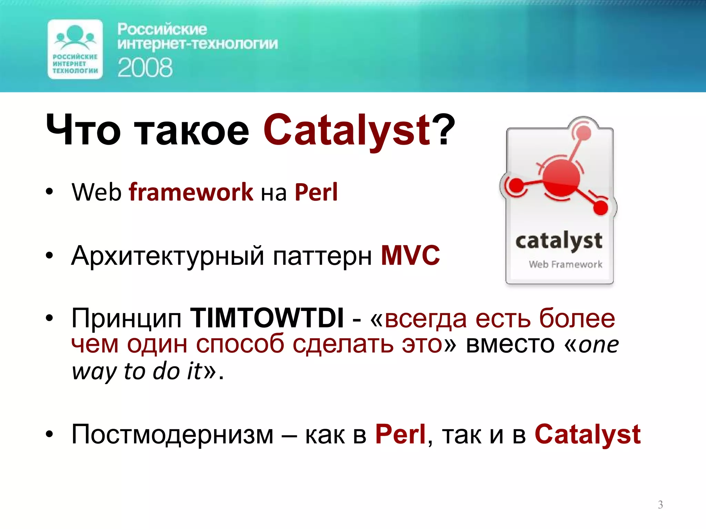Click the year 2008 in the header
pos(145,68)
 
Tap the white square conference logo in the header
pos(75,49)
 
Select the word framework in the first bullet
pos(191,192)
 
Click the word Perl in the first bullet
pos(316,192)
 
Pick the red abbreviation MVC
pos(410,255)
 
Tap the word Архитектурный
pos(168,256)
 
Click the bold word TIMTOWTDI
pos(267,318)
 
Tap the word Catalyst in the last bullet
pos(587,434)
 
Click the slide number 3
pos(660,505)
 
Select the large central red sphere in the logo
pos(561,176)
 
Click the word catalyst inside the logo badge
pos(559,241)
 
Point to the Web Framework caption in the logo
pos(565,264)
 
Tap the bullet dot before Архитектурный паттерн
pos(50,256)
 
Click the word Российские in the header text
pos(162,29)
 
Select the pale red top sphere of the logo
pos(583,132)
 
